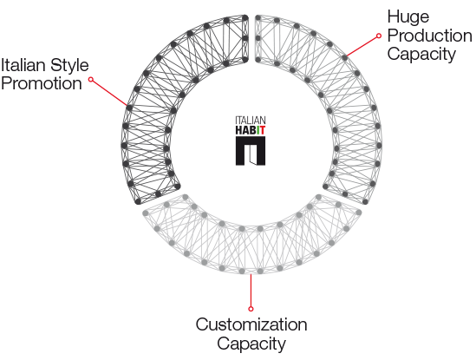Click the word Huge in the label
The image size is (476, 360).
(x=408, y=17)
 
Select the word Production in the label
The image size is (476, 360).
(x=429, y=36)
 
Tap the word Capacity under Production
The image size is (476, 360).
(x=421, y=55)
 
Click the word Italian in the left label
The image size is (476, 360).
(x=23, y=65)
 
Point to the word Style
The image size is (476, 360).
(x=69, y=66)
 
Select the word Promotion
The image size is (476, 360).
(x=42, y=83)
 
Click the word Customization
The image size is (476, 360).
(x=251, y=324)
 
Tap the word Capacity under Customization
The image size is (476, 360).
(x=251, y=344)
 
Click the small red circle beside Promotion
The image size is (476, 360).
(x=91, y=80)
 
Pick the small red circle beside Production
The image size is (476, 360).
(x=379, y=36)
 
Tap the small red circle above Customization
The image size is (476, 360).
(x=251, y=309)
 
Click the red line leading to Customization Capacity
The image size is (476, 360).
(x=251, y=291)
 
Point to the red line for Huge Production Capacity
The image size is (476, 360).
(x=362, y=47)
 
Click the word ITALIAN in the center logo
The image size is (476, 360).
(x=251, y=121)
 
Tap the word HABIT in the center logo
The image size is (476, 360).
(x=251, y=130)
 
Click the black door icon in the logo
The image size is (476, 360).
(x=251, y=151)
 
